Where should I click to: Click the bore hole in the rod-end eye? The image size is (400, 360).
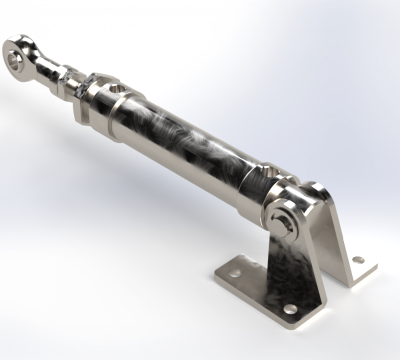tap(15, 61)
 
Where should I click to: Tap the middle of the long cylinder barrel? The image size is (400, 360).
tap(185, 145)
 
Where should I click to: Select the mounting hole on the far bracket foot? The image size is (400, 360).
tap(357, 260)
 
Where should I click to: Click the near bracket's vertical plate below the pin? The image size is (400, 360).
tap(290, 265)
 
